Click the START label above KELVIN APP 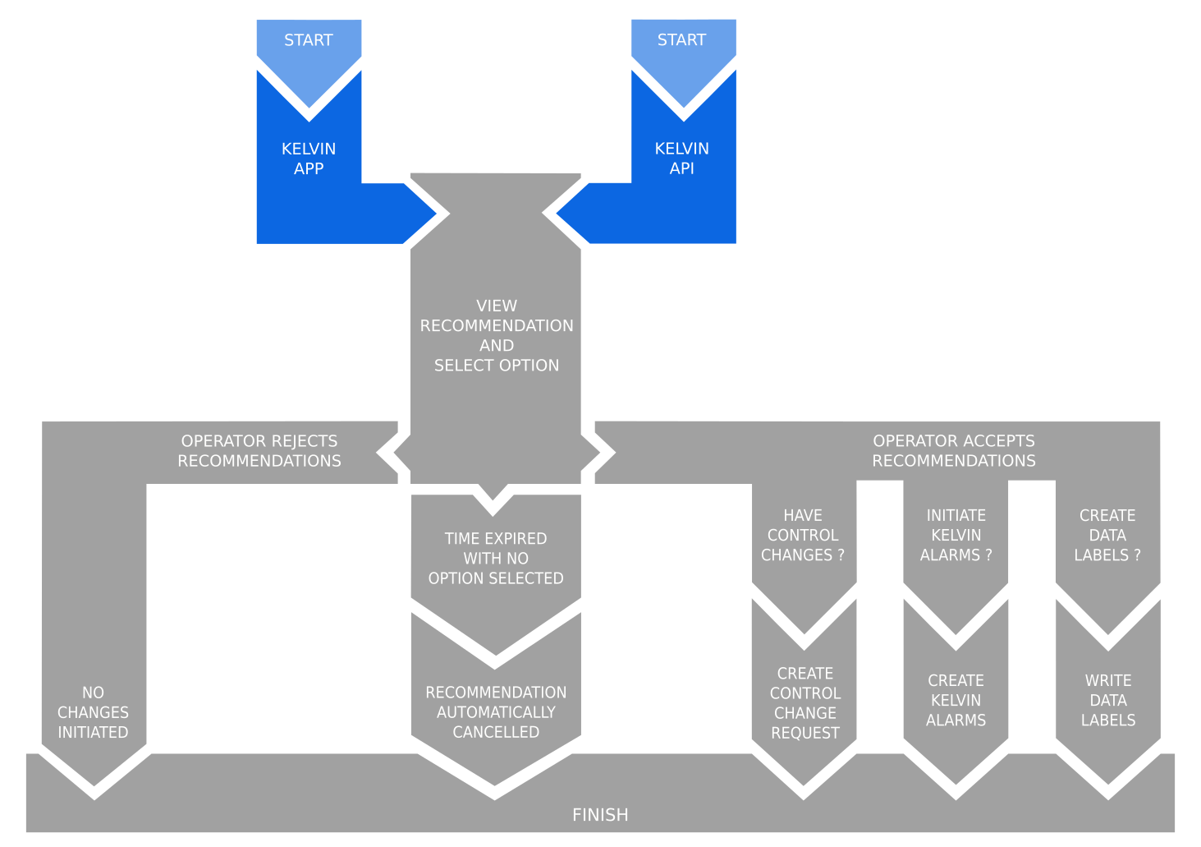pos(309,40)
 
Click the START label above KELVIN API pos(681,40)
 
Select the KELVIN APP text pos(309,159)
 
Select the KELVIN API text pos(681,159)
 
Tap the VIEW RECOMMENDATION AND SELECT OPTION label pos(496,335)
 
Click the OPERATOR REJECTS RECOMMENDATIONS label pos(259,451)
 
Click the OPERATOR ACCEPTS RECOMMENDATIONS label pos(953,451)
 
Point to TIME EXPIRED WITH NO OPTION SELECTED pos(496,559)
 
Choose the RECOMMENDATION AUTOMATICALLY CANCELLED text pos(496,712)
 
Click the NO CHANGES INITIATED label pos(93,712)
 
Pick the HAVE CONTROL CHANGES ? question pos(803,536)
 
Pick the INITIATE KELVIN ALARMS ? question pos(956,536)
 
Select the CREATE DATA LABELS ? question pos(1107,536)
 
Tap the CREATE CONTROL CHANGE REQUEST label pos(804,703)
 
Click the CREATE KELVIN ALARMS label pos(956,701)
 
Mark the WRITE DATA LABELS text pos(1107,701)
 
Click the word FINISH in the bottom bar pos(600,815)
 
